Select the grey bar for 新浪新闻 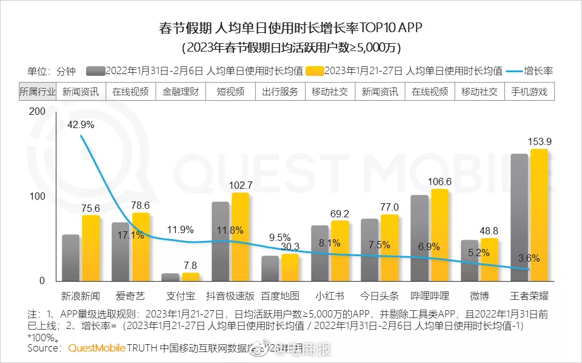(x=71, y=257)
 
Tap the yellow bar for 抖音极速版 (x=241, y=237)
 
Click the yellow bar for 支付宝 (x=191, y=277)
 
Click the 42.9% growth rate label (x=81, y=124)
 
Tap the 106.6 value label (x=440, y=181)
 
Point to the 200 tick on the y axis (x=37, y=112)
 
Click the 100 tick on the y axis (x=37, y=196)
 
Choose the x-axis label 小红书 (x=330, y=296)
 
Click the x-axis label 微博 (x=480, y=296)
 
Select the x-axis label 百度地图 (x=280, y=296)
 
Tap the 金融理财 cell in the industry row (x=181, y=92)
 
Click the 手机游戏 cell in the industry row (x=529, y=92)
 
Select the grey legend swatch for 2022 (x=96, y=70)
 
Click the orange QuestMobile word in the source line (x=96, y=348)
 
